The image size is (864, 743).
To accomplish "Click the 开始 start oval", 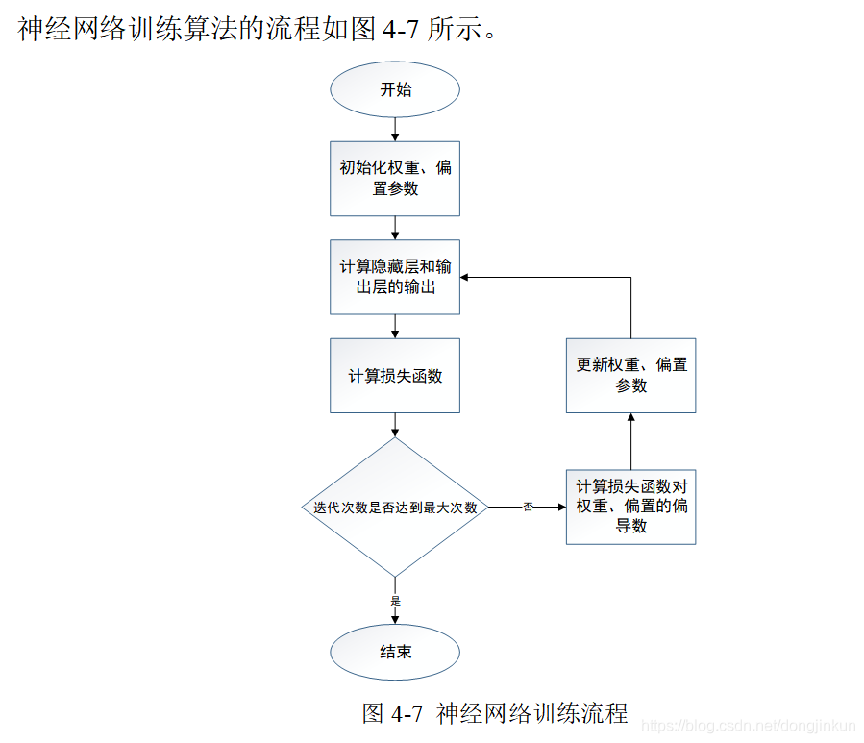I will [395, 89].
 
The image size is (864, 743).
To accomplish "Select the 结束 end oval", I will [395, 652].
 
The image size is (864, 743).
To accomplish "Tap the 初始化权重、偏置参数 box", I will [395, 178].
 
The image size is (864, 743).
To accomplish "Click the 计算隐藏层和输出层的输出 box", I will [395, 277].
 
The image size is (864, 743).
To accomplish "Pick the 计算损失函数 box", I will [395, 376].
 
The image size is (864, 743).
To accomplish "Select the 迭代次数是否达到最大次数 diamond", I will [395, 507].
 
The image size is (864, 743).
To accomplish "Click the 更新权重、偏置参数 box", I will [630, 376].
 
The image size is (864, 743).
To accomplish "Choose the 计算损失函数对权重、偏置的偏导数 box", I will [630, 507].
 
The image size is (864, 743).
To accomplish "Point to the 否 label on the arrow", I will [528, 507].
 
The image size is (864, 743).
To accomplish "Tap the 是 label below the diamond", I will [395, 600].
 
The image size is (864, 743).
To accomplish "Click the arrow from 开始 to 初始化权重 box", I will [395, 129].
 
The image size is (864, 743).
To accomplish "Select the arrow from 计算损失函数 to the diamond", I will [395, 426].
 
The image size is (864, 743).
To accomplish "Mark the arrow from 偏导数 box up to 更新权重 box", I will [630, 441].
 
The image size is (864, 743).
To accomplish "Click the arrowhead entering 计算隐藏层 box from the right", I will [466, 277].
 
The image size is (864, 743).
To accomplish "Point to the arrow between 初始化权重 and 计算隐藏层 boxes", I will [395, 228].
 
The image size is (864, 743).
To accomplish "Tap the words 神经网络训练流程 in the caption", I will [531, 714].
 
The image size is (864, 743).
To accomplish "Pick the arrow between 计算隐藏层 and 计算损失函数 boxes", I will [395, 326].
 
